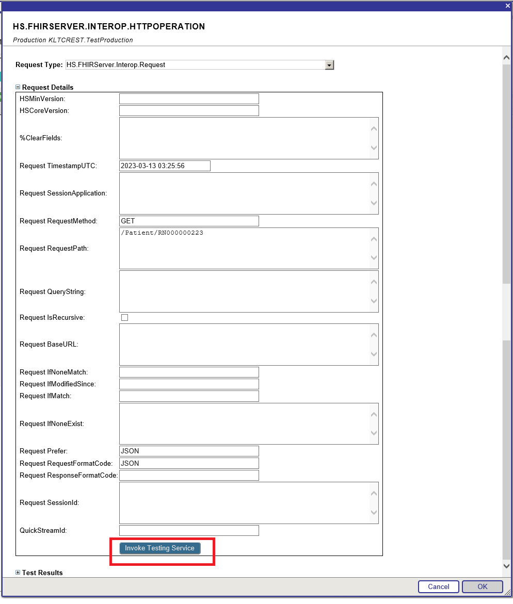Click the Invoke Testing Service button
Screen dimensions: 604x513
pyautogui.click(x=160, y=548)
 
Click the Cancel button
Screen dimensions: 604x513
pyautogui.click(x=438, y=586)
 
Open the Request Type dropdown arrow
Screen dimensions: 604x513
pyautogui.click(x=329, y=65)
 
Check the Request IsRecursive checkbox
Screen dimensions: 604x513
pyautogui.click(x=124, y=318)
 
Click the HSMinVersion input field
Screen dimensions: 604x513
pyautogui.click(x=189, y=99)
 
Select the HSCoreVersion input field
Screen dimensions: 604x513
pyautogui.click(x=189, y=111)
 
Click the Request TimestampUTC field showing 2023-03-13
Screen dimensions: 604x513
pyautogui.click(x=165, y=166)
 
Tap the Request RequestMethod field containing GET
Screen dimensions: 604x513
pyautogui.click(x=189, y=221)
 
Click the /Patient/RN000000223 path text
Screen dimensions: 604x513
pyautogui.click(x=162, y=233)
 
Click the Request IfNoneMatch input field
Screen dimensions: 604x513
pyautogui.click(x=189, y=372)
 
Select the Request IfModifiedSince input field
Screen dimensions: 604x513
pyautogui.click(x=189, y=384)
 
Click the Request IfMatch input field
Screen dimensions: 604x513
pyautogui.click(x=189, y=396)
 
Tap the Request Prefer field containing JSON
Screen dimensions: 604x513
pyautogui.click(x=189, y=451)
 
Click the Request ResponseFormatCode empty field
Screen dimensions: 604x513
pyautogui.click(x=189, y=476)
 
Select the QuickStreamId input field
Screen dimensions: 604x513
pyautogui.click(x=189, y=531)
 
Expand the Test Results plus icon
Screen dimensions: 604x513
pyautogui.click(x=18, y=573)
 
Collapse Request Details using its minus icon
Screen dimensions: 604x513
pyautogui.click(x=18, y=88)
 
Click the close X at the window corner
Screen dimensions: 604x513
pyautogui.click(x=507, y=6)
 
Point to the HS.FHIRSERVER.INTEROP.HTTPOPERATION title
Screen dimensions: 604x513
pyautogui.click(x=109, y=27)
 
